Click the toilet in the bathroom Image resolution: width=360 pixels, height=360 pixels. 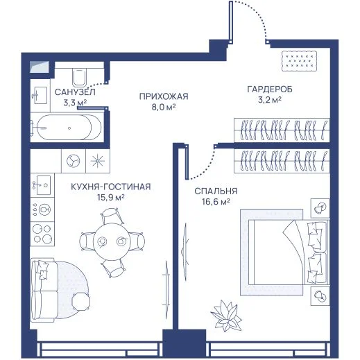(x=80, y=77)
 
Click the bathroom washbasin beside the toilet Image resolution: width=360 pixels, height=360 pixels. (x=41, y=95)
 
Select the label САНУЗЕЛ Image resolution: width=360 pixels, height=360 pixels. (x=75, y=92)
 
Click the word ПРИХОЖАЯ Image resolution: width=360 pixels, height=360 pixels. (x=164, y=96)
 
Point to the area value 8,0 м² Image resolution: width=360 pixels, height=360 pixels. (x=164, y=107)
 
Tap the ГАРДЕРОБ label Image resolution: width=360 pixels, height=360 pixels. (x=270, y=89)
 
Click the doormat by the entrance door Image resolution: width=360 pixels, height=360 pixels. (x=299, y=61)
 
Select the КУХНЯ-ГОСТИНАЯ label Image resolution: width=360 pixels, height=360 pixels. (x=111, y=187)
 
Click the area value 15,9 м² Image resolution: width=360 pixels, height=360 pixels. (x=111, y=198)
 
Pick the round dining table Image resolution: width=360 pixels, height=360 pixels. (x=112, y=241)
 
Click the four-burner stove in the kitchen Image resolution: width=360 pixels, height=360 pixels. (x=42, y=234)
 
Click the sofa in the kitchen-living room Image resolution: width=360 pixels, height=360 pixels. (x=44, y=290)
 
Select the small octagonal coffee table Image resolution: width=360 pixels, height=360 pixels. (x=81, y=301)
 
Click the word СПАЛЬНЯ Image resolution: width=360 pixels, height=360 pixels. (x=216, y=191)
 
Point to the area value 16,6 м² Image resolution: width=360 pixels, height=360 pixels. (x=216, y=202)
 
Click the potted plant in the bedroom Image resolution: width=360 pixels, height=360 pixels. (x=226, y=316)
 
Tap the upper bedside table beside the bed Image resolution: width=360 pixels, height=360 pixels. (x=320, y=208)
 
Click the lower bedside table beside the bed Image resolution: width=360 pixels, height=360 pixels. (x=320, y=295)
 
